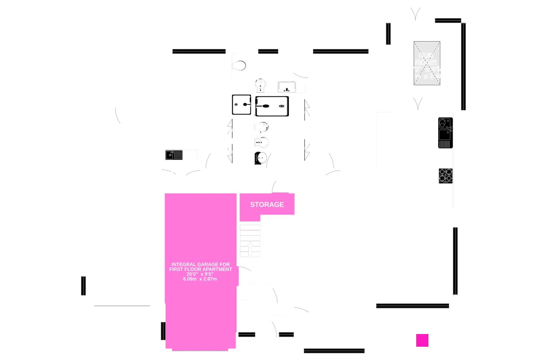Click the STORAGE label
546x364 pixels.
click(267, 204)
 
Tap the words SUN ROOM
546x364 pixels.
click(426, 59)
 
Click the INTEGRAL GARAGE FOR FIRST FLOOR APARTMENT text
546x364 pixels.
click(201, 267)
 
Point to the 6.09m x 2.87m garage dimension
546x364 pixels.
click(200, 279)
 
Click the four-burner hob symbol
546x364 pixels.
click(445, 176)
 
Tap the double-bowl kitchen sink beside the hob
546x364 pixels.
click(445, 132)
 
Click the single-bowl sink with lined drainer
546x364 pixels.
click(174, 155)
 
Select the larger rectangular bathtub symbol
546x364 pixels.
click(272, 106)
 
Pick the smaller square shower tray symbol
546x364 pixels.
click(241, 105)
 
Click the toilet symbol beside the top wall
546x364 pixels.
click(239, 66)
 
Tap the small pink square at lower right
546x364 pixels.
click(422, 340)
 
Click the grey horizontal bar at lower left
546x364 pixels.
click(122, 306)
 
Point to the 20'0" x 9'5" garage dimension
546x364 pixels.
click(200, 274)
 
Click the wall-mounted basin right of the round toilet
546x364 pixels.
click(286, 87)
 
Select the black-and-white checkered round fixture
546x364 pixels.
click(261, 158)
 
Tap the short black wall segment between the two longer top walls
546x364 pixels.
click(268, 52)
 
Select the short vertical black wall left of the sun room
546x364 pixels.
click(388, 34)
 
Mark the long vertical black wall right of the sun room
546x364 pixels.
click(464, 66)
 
